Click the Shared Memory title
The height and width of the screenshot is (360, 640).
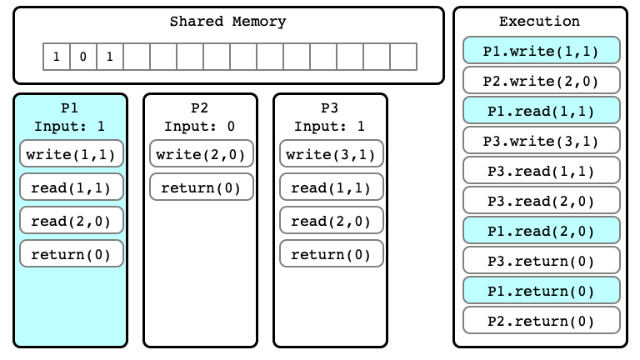tap(227, 21)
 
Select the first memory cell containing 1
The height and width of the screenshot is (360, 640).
tap(57, 57)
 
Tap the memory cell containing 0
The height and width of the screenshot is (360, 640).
tap(82, 57)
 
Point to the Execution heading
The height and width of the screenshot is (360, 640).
tap(539, 21)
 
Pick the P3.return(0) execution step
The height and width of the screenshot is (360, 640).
tap(541, 261)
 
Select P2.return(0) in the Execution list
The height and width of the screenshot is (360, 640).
tap(541, 321)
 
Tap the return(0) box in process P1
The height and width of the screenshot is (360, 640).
tap(72, 254)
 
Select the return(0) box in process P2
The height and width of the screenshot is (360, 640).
tap(201, 187)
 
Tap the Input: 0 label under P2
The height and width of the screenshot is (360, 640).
tap(200, 126)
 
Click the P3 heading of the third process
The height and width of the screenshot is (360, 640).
tap(329, 107)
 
